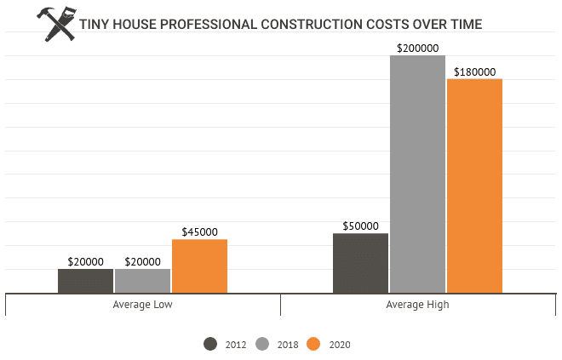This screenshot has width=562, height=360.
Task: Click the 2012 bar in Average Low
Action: pos(85,281)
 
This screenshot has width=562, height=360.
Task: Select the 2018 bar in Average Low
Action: pos(142,281)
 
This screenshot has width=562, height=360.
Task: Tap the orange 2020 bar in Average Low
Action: pos(199,266)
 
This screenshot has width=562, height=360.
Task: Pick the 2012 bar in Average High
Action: pos(360,263)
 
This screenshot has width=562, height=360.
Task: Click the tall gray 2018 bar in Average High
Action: pos(417,174)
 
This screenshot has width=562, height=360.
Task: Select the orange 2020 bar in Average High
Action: pos(474,186)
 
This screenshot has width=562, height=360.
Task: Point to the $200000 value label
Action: pos(417,49)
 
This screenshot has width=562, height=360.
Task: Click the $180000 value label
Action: pos(474,72)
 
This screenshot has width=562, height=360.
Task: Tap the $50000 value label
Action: pos(360,226)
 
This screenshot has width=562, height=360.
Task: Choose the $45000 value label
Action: pos(199,231)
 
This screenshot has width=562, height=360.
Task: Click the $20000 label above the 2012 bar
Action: pos(85,261)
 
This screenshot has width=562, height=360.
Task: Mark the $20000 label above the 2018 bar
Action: pos(142,261)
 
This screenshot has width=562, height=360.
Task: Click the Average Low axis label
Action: pos(142,304)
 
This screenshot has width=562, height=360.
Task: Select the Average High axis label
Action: pos(417,304)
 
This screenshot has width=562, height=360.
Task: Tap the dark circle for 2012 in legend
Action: pos(210,344)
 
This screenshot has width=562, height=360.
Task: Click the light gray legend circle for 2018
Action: pos(262,344)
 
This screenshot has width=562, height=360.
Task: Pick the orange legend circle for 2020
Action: pos(313,344)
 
